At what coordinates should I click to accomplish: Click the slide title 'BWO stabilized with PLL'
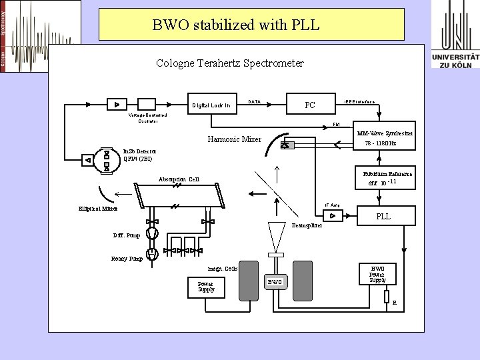click(x=236, y=25)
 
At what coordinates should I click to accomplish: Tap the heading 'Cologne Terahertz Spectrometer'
click(x=229, y=63)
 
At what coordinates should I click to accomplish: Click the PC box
click(x=309, y=105)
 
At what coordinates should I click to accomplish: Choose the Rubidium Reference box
click(x=387, y=177)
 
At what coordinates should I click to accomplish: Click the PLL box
click(x=383, y=216)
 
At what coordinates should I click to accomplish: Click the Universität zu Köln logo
click(x=455, y=34)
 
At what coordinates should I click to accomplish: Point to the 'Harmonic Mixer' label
click(x=234, y=139)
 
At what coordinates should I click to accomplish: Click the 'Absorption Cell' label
click(x=179, y=179)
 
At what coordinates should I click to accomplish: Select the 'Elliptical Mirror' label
click(x=97, y=209)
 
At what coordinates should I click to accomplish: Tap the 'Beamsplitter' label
click(x=307, y=225)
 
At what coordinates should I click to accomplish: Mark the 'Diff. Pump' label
click(x=127, y=235)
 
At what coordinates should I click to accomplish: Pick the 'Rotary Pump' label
click(x=127, y=259)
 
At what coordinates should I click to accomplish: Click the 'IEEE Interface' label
click(x=359, y=102)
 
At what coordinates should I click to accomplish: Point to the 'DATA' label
click(x=254, y=102)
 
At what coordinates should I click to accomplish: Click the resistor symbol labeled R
click(x=387, y=296)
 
